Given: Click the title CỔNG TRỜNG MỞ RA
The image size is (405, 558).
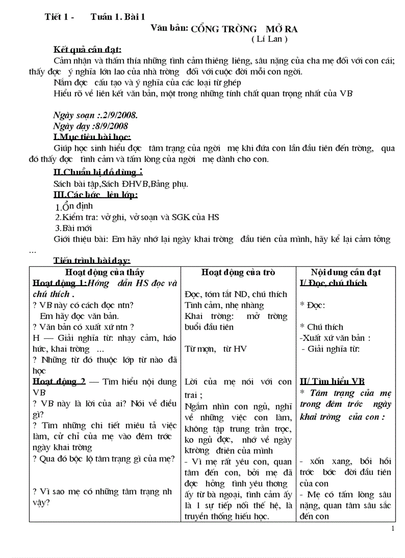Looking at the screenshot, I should click(x=244, y=29).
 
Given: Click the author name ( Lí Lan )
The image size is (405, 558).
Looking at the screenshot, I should click(x=270, y=39).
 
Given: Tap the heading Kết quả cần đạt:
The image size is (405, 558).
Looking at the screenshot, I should click(x=87, y=50).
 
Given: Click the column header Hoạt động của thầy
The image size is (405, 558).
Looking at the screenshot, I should click(x=105, y=272).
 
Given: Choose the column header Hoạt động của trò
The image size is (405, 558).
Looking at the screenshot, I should click(x=238, y=272).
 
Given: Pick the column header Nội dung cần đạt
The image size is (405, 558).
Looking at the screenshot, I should click(x=346, y=272).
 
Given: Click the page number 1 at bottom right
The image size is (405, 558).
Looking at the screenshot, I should click(x=393, y=528).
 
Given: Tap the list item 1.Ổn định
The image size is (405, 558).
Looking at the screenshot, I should click(x=74, y=206).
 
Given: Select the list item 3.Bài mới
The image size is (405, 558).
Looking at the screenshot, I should click(x=73, y=228).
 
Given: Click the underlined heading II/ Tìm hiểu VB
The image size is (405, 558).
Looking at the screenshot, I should click(x=332, y=382).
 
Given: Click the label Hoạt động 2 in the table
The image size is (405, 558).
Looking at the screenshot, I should click(x=59, y=382).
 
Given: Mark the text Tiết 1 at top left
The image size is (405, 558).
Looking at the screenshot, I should click(x=58, y=17).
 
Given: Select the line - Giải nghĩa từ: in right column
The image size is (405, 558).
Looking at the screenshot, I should click(x=331, y=349).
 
